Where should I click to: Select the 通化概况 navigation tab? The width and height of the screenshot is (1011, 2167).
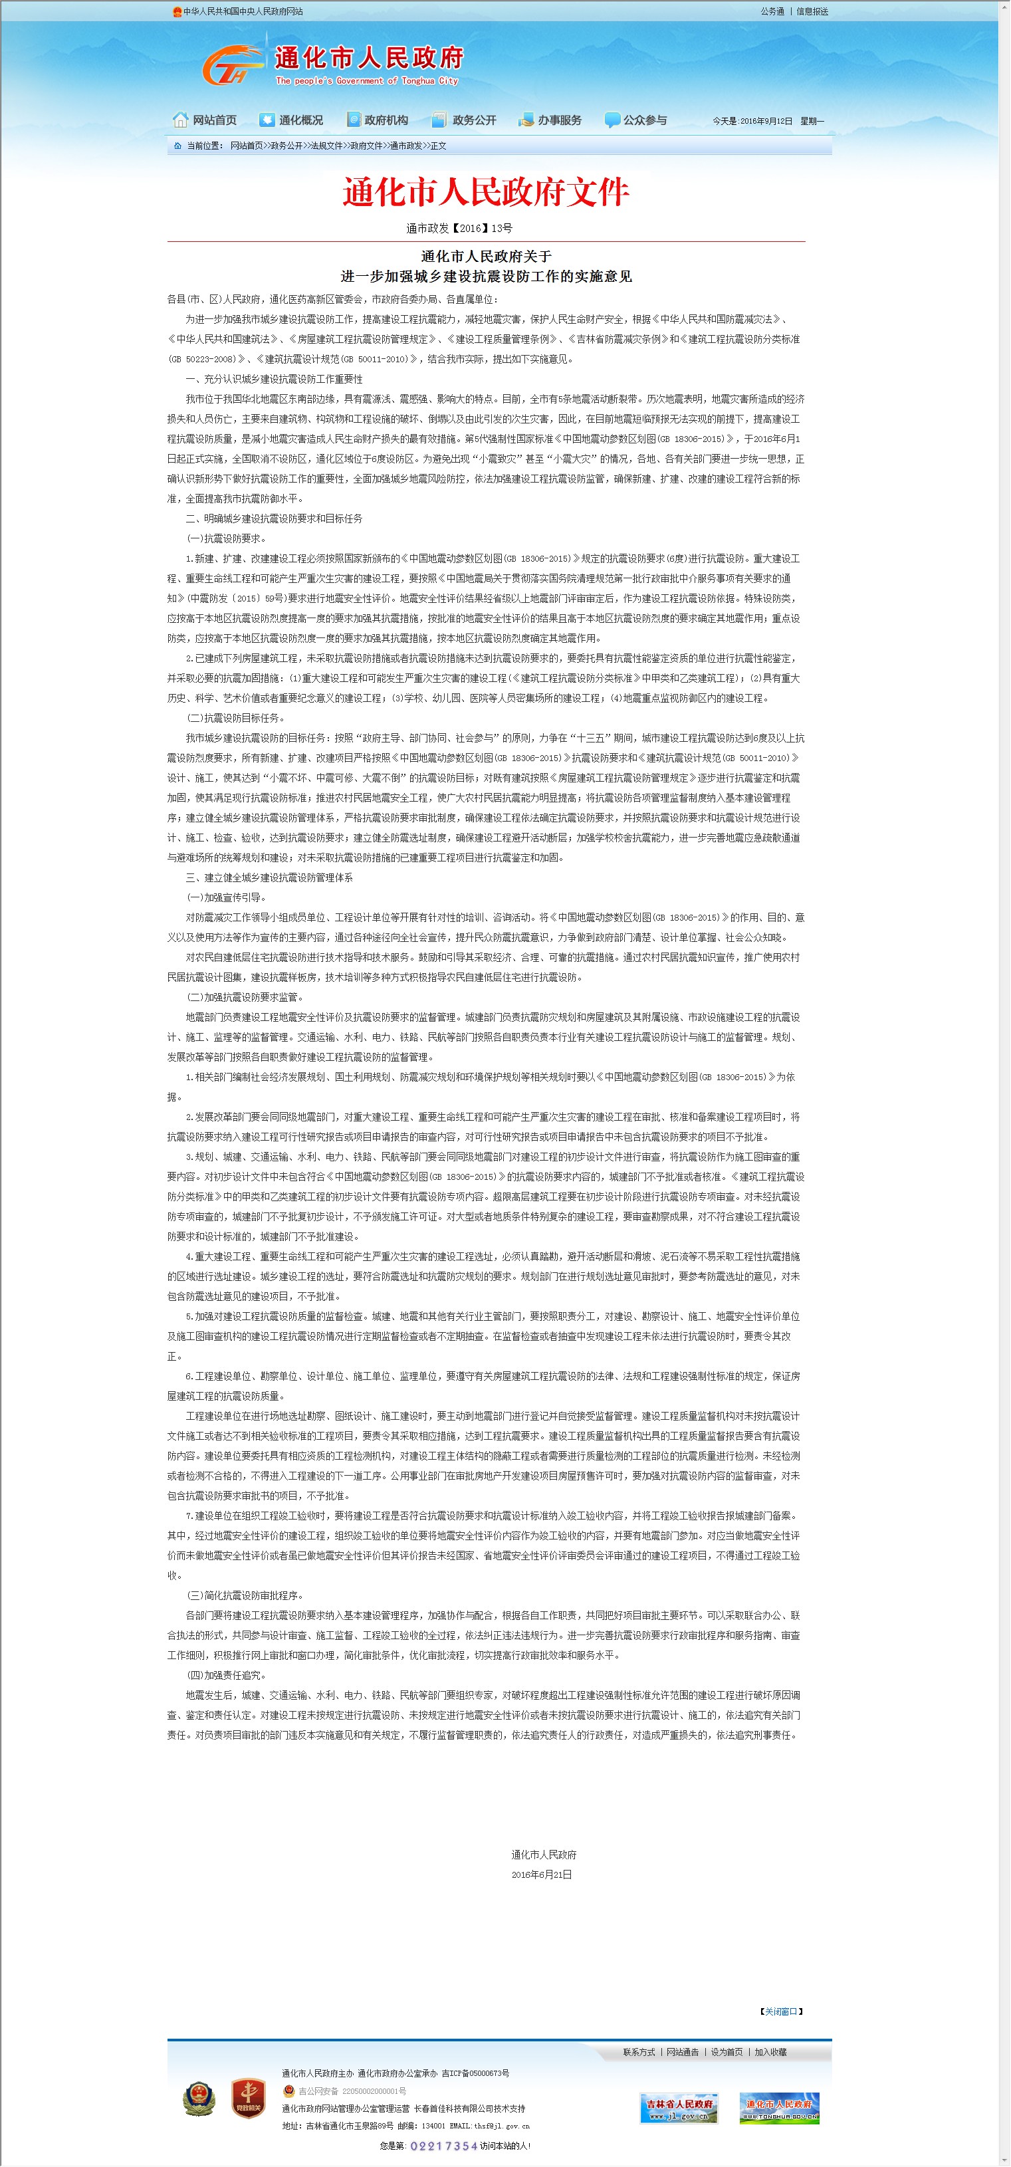coord(291,120)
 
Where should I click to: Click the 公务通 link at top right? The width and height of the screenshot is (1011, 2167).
coord(772,11)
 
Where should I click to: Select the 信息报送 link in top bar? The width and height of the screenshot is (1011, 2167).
coord(812,11)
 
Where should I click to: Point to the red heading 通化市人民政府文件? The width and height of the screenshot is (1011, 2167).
coord(485,192)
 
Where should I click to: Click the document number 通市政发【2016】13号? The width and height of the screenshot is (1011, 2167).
coord(459,228)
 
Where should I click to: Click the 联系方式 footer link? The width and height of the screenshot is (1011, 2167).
coord(638,2052)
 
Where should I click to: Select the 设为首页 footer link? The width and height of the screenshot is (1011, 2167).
coord(727,2052)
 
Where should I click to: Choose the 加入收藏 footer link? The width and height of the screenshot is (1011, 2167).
coord(770,2052)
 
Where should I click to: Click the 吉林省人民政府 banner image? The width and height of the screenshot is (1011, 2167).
coord(679,2108)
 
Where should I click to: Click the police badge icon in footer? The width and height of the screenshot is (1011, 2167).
coord(199,2098)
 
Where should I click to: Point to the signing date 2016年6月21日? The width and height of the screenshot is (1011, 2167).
coord(541,1875)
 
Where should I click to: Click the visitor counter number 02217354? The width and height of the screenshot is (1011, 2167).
coord(443,2146)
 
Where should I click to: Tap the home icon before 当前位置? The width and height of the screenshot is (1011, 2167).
coord(177,146)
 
